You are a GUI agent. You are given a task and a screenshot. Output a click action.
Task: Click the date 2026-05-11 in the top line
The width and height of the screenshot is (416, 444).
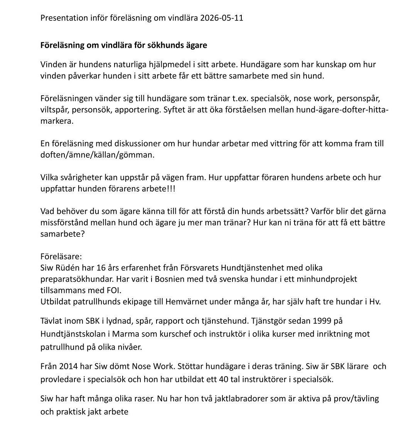(x=222, y=18)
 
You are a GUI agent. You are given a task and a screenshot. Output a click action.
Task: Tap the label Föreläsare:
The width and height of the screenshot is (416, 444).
(x=61, y=257)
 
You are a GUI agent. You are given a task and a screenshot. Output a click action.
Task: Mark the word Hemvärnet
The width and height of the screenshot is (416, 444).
(x=185, y=301)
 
